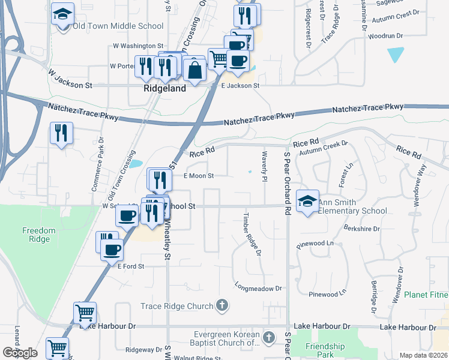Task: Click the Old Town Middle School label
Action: pyautogui.click(x=118, y=26)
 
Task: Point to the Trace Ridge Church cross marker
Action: pyautogui.click(x=222, y=306)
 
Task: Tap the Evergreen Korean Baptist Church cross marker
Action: pyautogui.click(x=270, y=336)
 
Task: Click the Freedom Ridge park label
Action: pyautogui.click(x=39, y=234)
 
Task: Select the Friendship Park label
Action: pyautogui.click(x=325, y=350)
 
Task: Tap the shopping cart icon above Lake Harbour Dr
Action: pyautogui.click(x=85, y=312)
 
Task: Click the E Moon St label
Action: pyautogui.click(x=199, y=176)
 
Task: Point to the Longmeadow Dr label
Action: pyautogui.click(x=258, y=288)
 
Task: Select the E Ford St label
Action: pyautogui.click(x=131, y=266)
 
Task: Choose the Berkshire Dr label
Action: pyautogui.click(x=363, y=229)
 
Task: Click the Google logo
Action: pyautogui.click(x=20, y=353)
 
